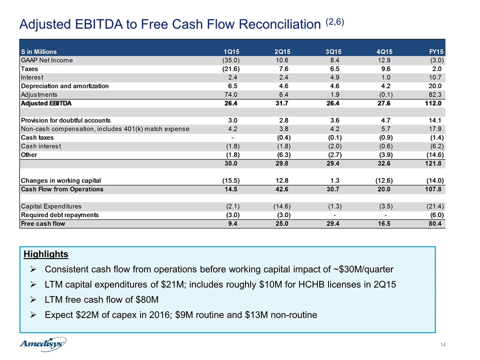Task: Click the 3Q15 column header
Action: pos(333,51)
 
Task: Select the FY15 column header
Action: pos(436,51)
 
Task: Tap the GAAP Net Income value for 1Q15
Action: pos(231,60)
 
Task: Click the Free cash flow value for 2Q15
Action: pos(281,223)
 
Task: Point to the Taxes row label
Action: pos(29,69)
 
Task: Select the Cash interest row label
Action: pos(41,146)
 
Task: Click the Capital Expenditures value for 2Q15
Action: pos(282,206)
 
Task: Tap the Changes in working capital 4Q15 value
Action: pos(384,180)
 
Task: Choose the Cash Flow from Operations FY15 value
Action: pos(433,189)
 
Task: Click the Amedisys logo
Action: pos(42,344)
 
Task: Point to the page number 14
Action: pos(442,345)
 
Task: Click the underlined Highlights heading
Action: pos(46,254)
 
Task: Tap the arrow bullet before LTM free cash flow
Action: pos(33,299)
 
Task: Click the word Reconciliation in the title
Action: pos(279,24)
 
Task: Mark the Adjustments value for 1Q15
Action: pos(231,94)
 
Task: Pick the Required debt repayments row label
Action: pos(59,215)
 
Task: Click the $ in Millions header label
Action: pos(38,51)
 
